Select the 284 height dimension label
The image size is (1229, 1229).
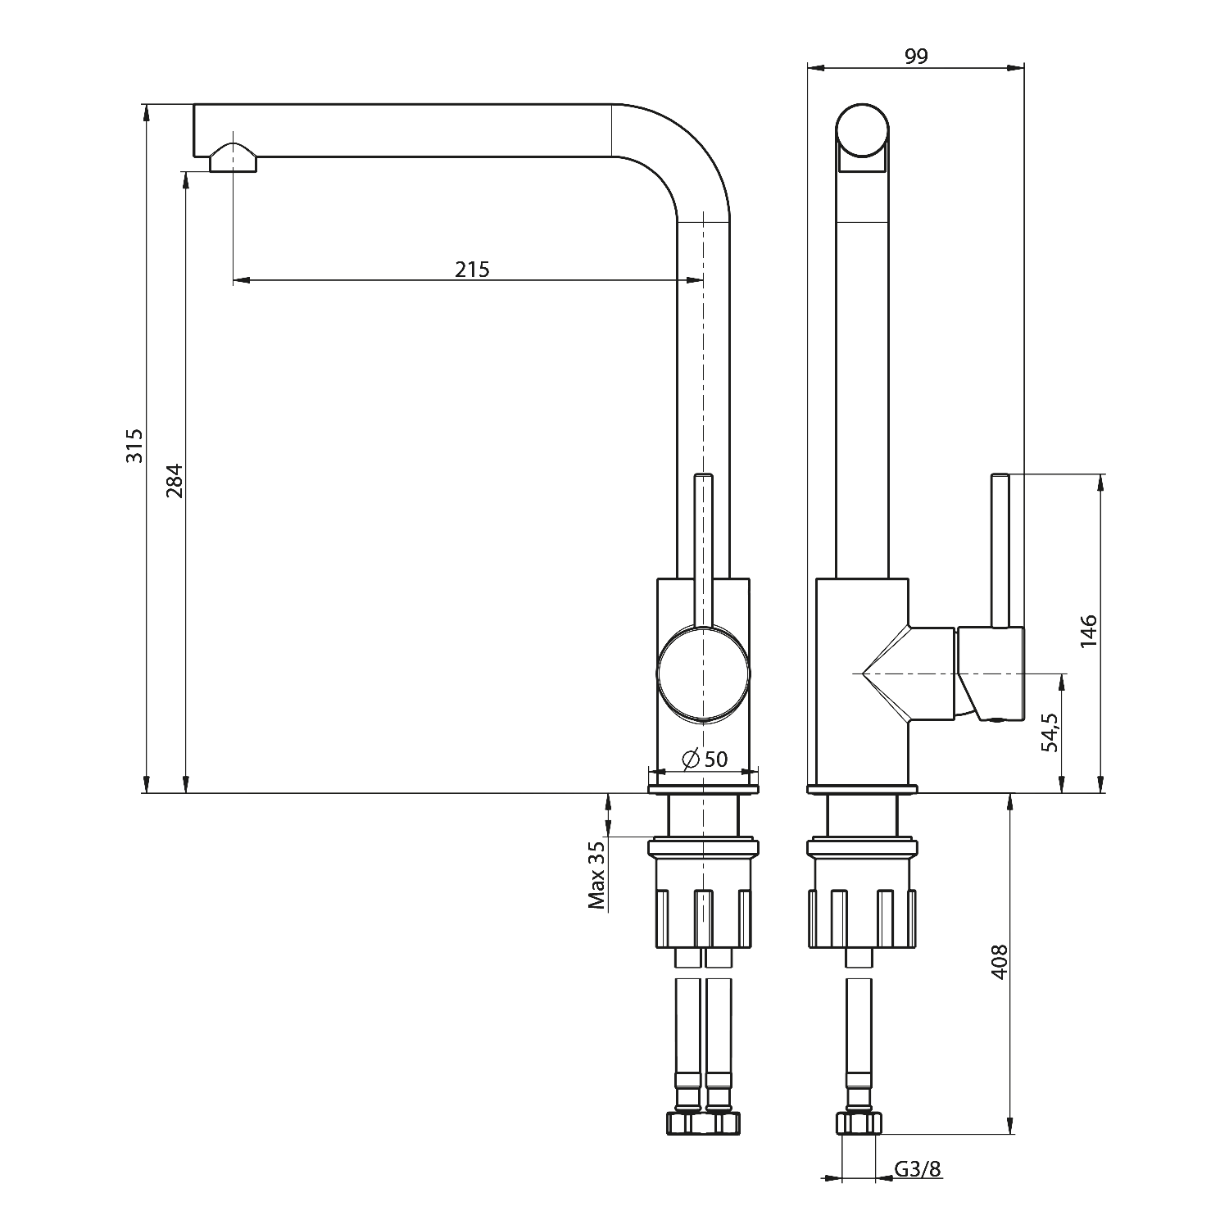(x=174, y=481)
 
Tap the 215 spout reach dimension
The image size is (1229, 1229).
(x=473, y=269)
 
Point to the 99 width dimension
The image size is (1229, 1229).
(x=916, y=56)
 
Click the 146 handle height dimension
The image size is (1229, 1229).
(x=1087, y=631)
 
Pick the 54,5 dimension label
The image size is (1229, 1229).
(x=1051, y=732)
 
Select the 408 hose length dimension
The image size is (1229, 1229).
(x=997, y=962)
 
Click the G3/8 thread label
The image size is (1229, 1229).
(x=918, y=1169)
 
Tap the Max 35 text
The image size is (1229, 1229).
(x=596, y=875)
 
